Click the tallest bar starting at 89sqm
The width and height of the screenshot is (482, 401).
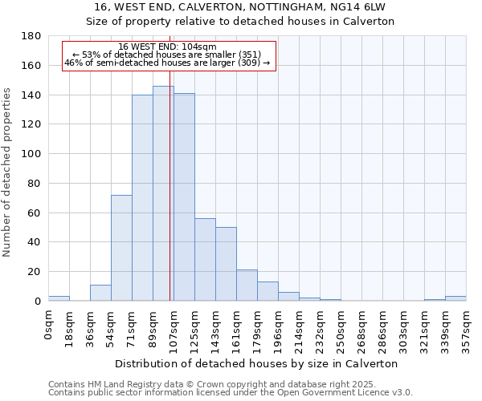coord(163,193)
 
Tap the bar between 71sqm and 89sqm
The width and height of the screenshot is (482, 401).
coord(142,198)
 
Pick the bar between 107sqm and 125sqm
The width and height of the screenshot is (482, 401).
coord(184,197)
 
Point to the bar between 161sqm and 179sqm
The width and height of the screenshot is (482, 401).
coord(247,286)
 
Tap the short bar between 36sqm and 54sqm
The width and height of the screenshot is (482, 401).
coord(100,293)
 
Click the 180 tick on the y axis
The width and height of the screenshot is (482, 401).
coord(31,36)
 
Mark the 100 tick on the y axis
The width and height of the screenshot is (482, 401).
coord(31,154)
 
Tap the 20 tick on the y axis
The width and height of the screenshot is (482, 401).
coord(35,272)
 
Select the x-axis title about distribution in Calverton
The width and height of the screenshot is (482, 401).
coord(257,363)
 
